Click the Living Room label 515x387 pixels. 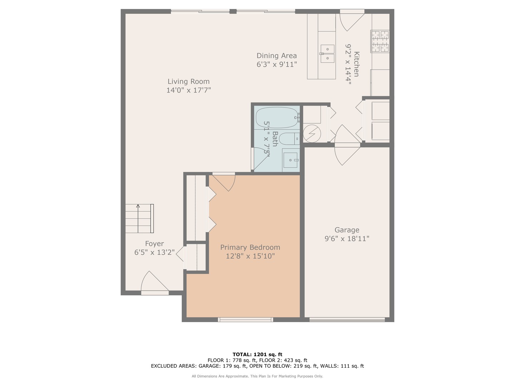tap(188, 81)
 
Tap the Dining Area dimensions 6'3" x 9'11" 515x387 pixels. tap(276, 64)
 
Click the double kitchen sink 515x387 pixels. tap(327, 53)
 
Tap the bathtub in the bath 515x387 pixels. tap(278, 117)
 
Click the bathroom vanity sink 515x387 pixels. tap(290, 160)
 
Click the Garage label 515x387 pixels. tap(347, 230)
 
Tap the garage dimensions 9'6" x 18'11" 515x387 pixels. tap(347, 239)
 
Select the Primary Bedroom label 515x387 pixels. tap(250, 247)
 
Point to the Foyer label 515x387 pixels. tap(154, 244)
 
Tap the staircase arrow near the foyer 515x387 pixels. tap(138, 207)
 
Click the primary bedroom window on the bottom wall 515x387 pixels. tap(245, 319)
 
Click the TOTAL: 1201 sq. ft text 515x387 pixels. tap(257, 354)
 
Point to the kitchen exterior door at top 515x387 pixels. tap(351, 20)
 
